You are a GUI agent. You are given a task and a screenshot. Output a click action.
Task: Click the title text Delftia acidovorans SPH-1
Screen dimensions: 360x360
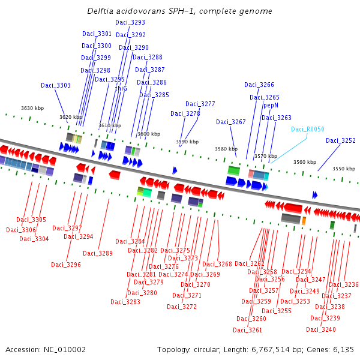[x=180, y=11]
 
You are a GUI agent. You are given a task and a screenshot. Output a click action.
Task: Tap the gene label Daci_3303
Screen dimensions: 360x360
[x=56, y=85]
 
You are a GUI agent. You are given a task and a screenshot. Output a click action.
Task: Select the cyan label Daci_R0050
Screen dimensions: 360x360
[x=307, y=129]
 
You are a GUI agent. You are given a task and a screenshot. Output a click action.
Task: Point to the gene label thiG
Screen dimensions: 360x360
[x=121, y=88]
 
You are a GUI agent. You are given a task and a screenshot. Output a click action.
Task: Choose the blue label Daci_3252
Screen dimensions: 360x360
[x=341, y=140]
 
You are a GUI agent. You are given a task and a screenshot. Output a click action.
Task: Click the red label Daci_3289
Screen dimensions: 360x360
[x=98, y=253]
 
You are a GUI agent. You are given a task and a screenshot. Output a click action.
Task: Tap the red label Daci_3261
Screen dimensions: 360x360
[x=248, y=330]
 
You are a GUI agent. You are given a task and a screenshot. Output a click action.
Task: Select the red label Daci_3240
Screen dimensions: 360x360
[x=321, y=329]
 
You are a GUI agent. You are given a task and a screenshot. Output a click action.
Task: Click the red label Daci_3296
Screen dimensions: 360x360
[x=66, y=265]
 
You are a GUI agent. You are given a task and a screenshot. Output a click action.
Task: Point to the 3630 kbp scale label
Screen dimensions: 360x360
[x=32, y=108]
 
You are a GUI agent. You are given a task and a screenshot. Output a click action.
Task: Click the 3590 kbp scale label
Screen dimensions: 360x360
[x=186, y=142]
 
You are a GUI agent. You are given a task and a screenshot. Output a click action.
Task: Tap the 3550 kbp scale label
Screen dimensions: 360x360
[x=344, y=169]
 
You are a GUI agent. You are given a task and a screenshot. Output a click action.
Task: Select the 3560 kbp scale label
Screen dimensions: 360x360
[x=305, y=162]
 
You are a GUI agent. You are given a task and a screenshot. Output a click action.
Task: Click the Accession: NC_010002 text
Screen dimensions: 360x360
[x=46, y=349]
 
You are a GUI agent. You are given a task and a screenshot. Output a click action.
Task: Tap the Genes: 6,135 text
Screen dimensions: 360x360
[x=334, y=349]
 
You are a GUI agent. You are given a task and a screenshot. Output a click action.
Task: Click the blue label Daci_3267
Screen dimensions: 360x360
[x=231, y=122]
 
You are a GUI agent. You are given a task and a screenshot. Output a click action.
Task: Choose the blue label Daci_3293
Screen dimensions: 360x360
[x=130, y=22]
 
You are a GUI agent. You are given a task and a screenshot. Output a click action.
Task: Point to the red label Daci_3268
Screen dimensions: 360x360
[x=217, y=264]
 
